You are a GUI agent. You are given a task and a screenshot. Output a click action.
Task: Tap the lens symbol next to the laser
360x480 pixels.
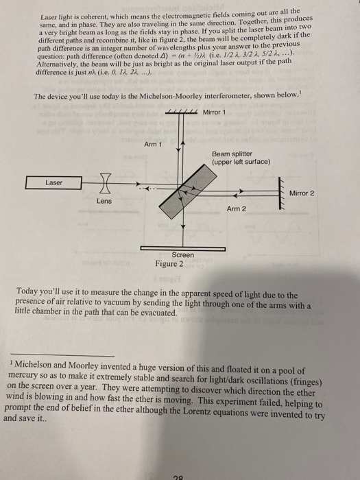pyautogui.click(x=104, y=183)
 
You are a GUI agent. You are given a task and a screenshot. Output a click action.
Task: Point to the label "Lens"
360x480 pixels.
pyautogui.click(x=104, y=202)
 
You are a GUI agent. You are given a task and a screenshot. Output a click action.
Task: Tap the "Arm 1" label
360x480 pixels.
pyautogui.click(x=153, y=143)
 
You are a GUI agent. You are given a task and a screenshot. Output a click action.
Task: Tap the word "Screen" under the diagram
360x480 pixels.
pyautogui.click(x=182, y=255)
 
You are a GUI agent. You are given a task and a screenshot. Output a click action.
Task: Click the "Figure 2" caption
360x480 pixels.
pyautogui.click(x=169, y=263)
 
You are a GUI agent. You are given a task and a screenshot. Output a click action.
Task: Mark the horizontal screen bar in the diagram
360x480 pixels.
pyautogui.click(x=181, y=248)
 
